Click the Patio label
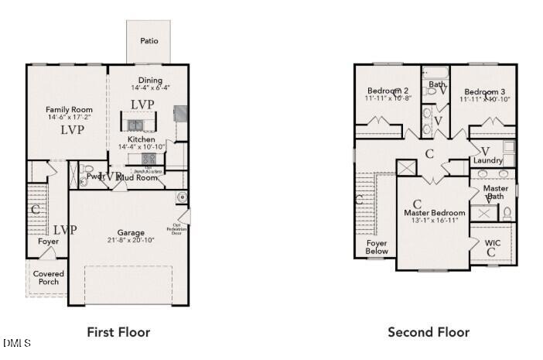click(150, 40)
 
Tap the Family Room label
click(69, 110)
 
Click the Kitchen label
click(142, 139)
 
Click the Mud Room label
click(140, 177)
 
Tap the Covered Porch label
click(49, 278)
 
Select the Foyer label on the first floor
click(49, 242)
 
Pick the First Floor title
click(118, 332)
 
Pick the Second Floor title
click(428, 332)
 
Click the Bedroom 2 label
click(388, 90)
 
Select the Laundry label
click(488, 160)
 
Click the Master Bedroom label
click(435, 213)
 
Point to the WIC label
click(493, 243)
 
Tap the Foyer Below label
click(377, 248)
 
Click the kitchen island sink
click(136, 125)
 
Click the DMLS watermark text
click(16, 342)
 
